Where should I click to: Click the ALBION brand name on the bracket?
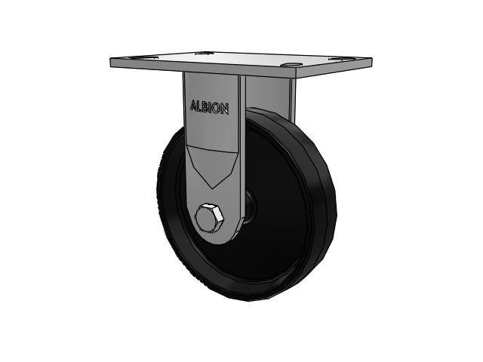point(210,107)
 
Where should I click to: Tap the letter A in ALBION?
point(193,106)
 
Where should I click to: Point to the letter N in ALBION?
point(225,109)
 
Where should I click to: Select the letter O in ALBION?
point(217,109)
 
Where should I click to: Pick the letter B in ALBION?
point(204,107)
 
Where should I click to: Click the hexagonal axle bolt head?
point(209,217)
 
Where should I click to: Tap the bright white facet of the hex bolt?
point(218,213)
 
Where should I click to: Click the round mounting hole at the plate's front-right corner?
point(292,65)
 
